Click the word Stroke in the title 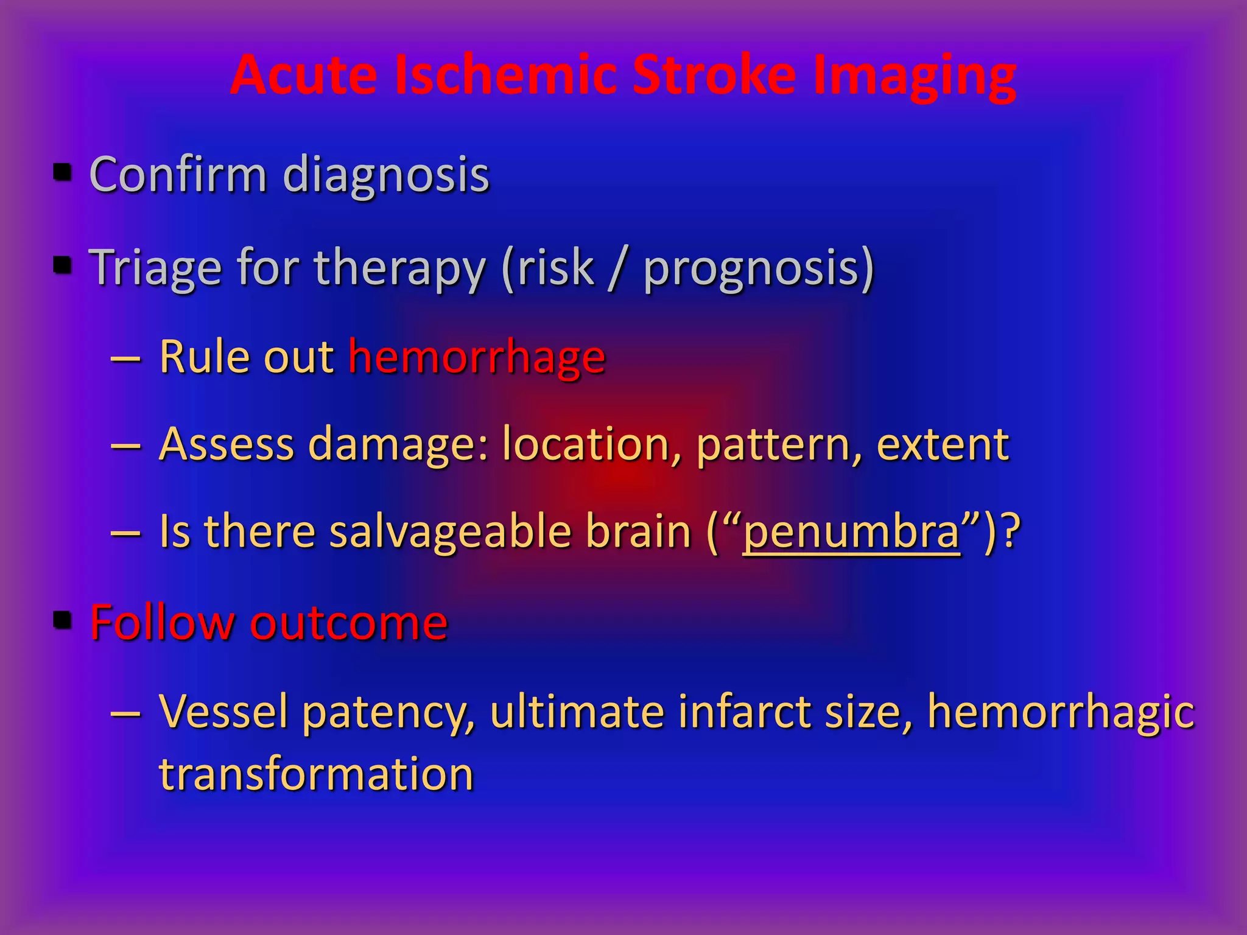(x=714, y=75)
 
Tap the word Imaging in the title (x=914, y=77)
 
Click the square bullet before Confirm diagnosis (x=63, y=172)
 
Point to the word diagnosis (x=386, y=175)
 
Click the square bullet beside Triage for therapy (x=63, y=265)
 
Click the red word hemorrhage (x=477, y=357)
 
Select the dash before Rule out (x=126, y=359)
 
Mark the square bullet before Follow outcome (x=63, y=620)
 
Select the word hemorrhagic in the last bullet (x=1060, y=712)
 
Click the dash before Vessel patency (x=126, y=713)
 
